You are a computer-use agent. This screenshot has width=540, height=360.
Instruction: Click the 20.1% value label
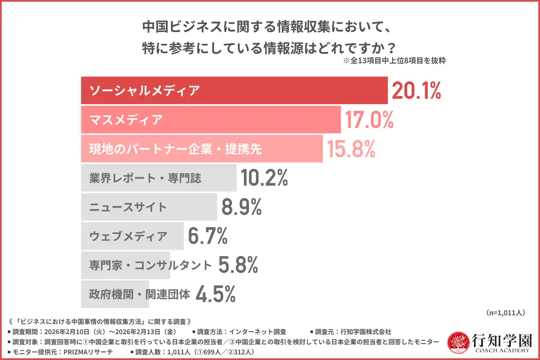coord(416,90)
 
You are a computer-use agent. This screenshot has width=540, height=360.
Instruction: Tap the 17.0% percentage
coord(369,119)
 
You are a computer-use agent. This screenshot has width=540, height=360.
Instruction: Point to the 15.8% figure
coord(351,149)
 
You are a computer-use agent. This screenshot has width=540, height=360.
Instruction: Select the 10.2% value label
coord(265,178)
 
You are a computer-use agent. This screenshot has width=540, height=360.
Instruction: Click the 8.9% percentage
coord(241,207)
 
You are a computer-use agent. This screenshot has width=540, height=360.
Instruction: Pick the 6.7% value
coord(208,236)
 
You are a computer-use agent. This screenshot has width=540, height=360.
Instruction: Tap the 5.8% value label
coord(238,265)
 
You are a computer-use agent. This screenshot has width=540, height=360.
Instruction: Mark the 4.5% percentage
coord(216,295)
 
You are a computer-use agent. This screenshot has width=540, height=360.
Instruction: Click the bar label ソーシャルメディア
coord(144,90)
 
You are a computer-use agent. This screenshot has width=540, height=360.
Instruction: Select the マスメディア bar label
coord(126,120)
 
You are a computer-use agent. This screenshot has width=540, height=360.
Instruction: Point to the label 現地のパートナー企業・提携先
coord(175,149)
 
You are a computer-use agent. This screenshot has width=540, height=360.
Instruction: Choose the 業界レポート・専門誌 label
coord(145,178)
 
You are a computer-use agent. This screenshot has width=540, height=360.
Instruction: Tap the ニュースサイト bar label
coord(128,207)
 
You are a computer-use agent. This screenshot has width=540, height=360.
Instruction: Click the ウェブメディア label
coord(128,236)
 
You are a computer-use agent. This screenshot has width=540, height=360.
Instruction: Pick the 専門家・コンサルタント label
coord(150,265)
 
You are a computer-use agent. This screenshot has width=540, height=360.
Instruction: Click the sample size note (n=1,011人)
coord(505,313)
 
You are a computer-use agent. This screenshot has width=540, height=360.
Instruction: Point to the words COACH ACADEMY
coord(502,350)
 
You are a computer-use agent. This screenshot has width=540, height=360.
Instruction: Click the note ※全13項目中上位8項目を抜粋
coord(394,60)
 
